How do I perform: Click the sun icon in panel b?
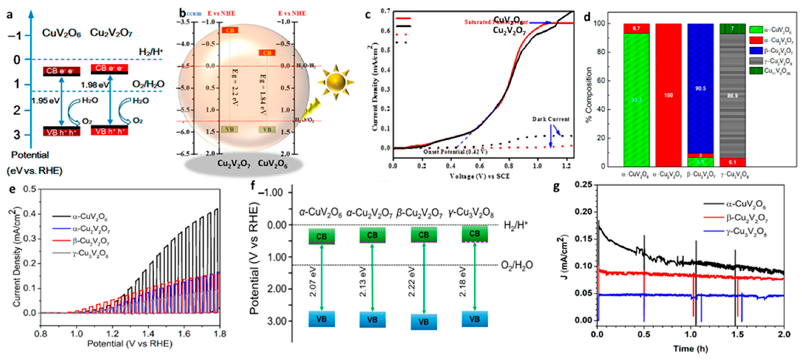click(336, 82)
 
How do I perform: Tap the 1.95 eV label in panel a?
click(45, 101)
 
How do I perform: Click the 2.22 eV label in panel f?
click(412, 282)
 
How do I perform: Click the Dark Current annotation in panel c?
click(551, 119)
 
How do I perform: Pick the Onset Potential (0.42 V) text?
click(455, 152)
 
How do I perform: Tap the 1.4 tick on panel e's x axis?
click(148, 334)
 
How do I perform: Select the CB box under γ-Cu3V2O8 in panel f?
click(474, 234)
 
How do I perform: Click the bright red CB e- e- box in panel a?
click(109, 68)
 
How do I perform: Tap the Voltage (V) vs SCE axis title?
click(480, 176)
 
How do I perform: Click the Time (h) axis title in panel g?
click(691, 349)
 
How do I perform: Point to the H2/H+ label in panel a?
click(151, 52)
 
